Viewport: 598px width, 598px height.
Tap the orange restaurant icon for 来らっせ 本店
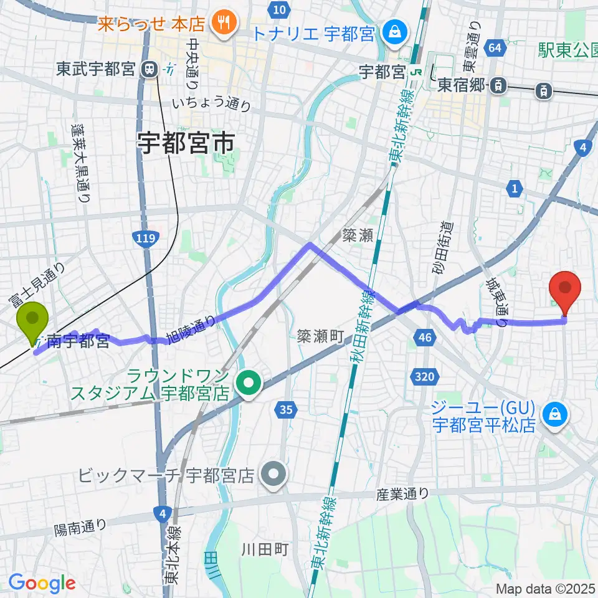pos(221,24)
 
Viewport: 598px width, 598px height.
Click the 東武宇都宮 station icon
pos(149,69)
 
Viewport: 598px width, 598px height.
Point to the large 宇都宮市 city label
pos(186,145)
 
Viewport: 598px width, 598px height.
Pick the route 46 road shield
pos(422,337)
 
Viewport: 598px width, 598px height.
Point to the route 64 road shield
pos(495,47)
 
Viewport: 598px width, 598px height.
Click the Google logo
pos(42,583)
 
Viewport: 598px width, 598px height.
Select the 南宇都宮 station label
pos(78,341)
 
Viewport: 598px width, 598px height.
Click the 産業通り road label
pos(403,494)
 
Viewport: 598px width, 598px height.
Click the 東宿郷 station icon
pos(498,86)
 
